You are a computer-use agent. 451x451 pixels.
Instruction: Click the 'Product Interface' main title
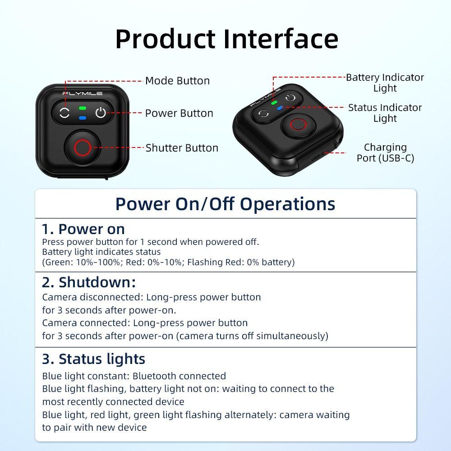(x=226, y=39)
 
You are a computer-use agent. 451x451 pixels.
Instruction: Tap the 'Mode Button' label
(x=177, y=81)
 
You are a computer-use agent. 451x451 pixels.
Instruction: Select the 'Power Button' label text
(x=179, y=113)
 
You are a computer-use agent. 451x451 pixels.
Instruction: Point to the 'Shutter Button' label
(x=182, y=148)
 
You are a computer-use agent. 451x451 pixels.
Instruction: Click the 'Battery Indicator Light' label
(x=385, y=83)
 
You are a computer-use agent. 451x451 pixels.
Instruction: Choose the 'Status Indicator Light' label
(x=385, y=113)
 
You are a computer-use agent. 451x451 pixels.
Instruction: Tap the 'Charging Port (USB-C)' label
(x=385, y=152)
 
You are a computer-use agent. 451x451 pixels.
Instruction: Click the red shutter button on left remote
(x=82, y=147)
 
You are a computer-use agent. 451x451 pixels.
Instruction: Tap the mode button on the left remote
(x=64, y=113)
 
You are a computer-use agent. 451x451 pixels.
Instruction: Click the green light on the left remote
(x=82, y=108)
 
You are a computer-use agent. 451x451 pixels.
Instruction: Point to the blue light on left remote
(x=82, y=118)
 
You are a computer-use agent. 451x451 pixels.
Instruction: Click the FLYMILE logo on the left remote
(x=82, y=94)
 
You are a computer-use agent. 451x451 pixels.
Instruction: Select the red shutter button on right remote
(x=298, y=125)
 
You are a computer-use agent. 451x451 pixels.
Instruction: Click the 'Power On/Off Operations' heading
(x=225, y=204)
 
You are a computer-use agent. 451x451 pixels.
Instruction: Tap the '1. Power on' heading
(x=83, y=229)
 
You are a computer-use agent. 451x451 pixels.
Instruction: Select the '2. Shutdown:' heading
(x=89, y=282)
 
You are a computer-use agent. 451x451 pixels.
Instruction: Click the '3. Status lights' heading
(x=94, y=359)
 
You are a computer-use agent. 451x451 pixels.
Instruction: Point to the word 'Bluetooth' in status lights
(x=155, y=376)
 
